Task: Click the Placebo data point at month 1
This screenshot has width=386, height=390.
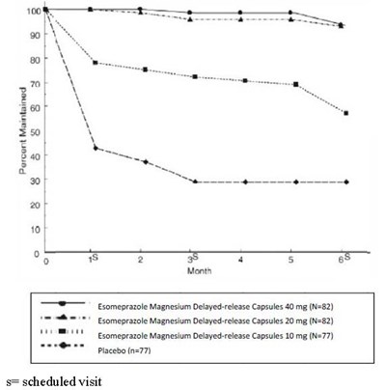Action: (x=95, y=148)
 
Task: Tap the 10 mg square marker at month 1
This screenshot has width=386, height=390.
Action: (x=95, y=63)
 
